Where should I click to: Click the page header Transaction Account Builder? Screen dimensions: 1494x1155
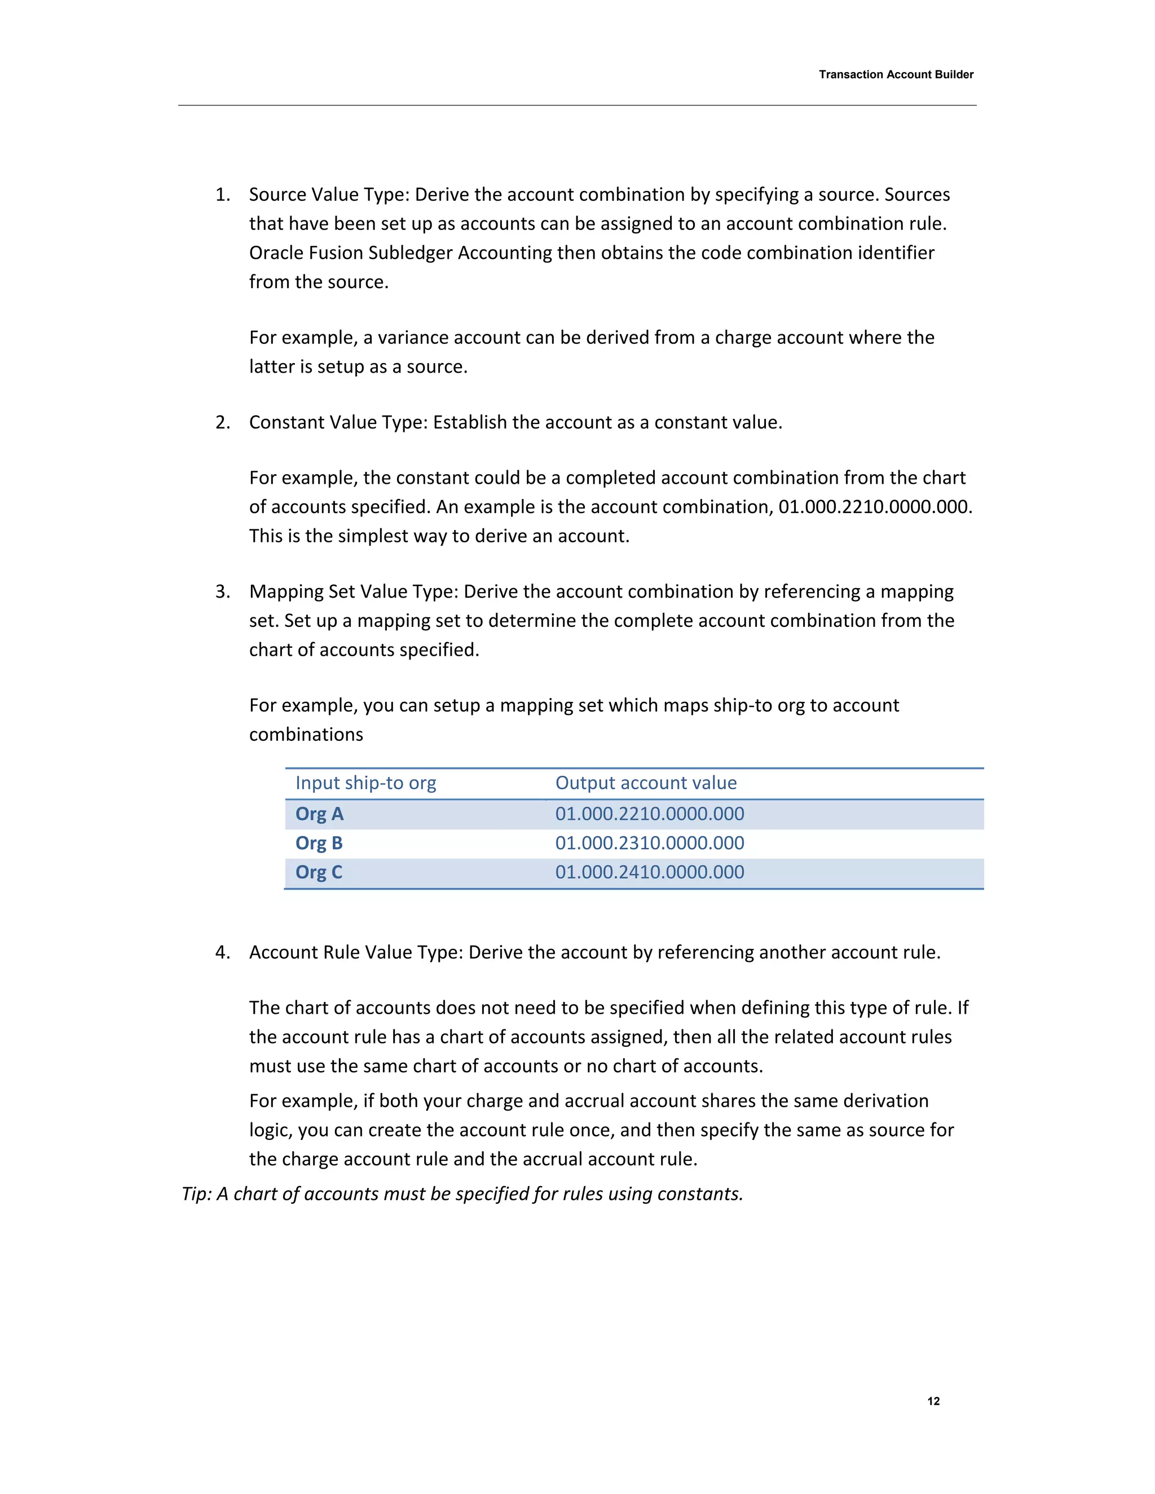click(x=896, y=74)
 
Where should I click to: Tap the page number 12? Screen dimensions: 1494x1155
click(x=933, y=1401)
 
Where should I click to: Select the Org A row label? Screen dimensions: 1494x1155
click(x=319, y=814)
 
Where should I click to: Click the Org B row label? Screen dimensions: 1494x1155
click(x=319, y=843)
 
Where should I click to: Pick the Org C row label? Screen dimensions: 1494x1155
click(x=319, y=872)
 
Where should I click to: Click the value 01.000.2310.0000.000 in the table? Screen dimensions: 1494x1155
click(x=649, y=843)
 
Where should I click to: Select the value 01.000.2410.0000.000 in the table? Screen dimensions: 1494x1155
click(x=649, y=872)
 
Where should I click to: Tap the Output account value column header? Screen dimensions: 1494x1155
click(x=646, y=783)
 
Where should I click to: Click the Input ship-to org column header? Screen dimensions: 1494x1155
click(x=365, y=783)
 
